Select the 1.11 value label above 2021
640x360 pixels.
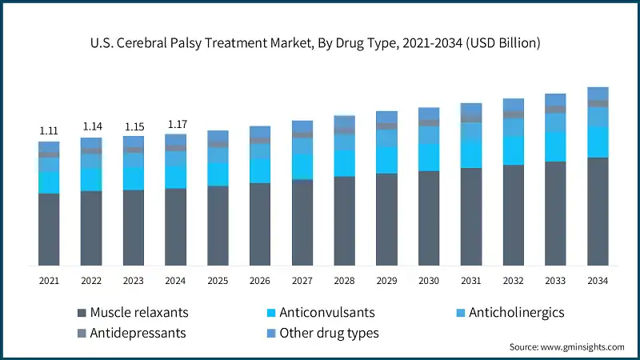49,130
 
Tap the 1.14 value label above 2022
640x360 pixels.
91,126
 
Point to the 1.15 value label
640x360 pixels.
133,126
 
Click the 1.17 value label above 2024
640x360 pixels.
175,124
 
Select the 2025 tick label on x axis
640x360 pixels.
218,281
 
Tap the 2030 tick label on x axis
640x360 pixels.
429,281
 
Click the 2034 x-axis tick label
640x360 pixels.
598,281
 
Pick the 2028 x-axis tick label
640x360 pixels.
344,281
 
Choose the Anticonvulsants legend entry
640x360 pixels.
320,312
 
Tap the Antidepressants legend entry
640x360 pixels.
132,332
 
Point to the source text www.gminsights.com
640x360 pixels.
566,347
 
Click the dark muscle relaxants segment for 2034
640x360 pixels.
598,212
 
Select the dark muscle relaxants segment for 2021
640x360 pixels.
49,230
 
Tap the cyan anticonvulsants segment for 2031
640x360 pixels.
471,154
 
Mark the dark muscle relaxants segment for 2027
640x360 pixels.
302,222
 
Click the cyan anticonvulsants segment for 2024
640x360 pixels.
175,177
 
